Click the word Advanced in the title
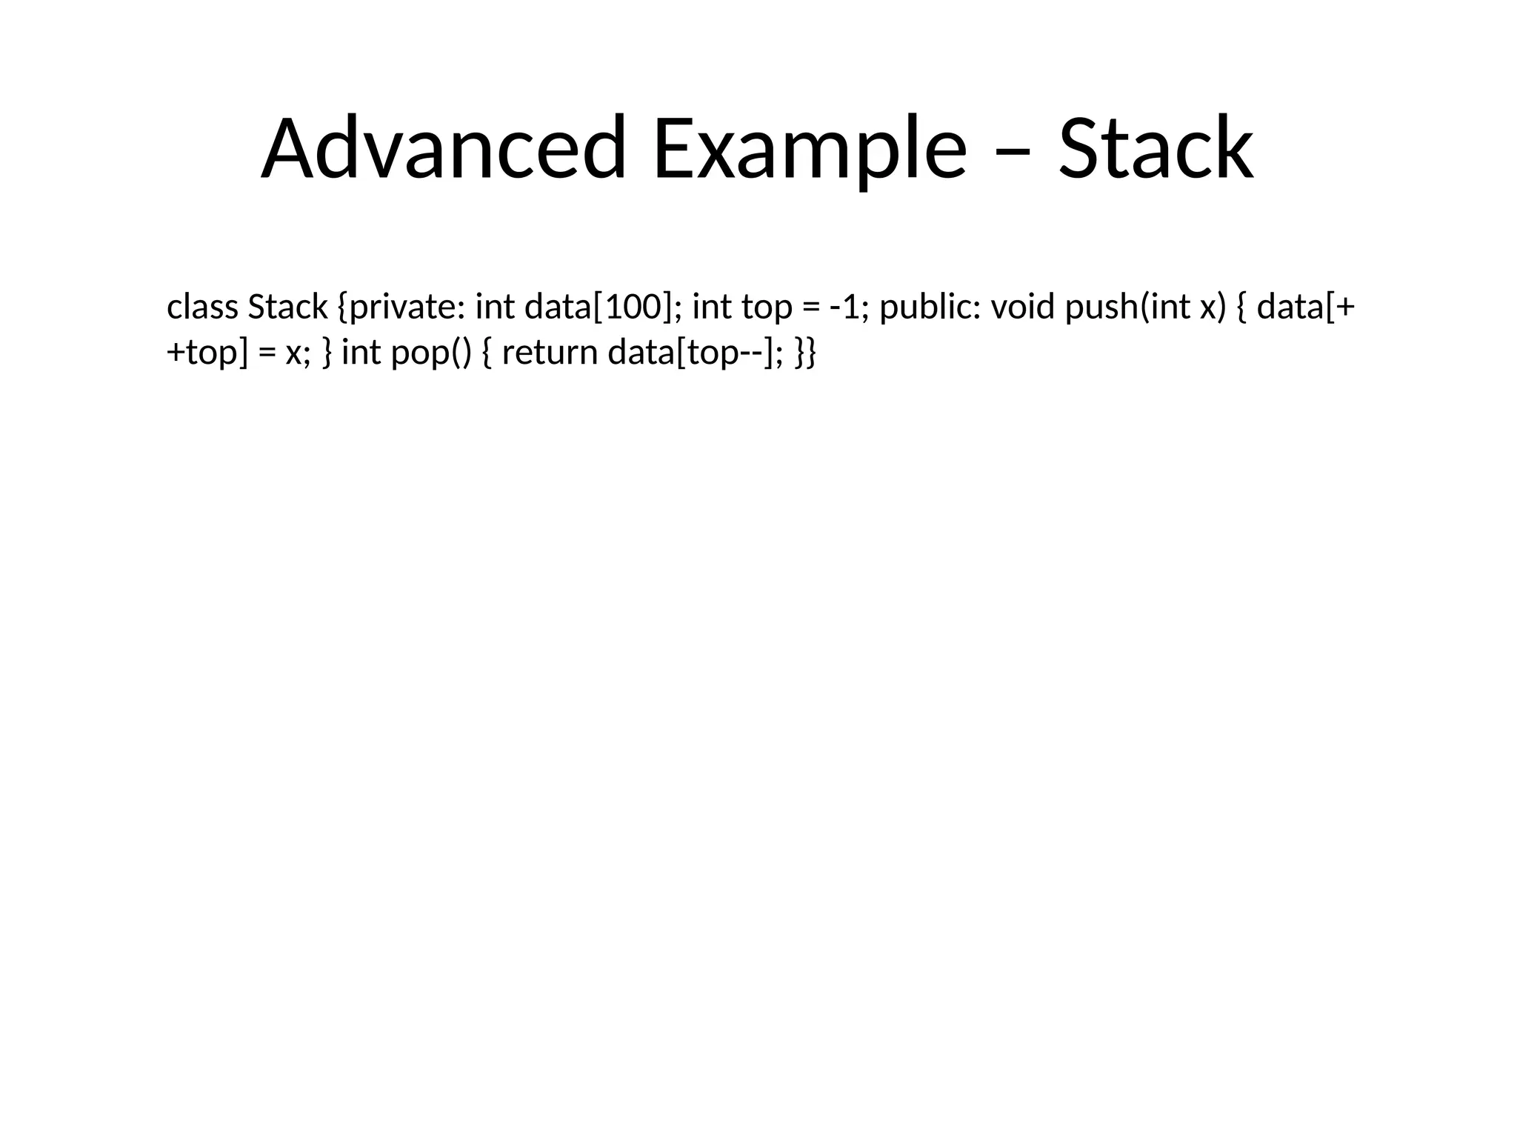pyautogui.click(x=444, y=148)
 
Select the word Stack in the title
pyautogui.click(x=1156, y=148)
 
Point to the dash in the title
pyautogui.click(x=1012, y=152)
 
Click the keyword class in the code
pyautogui.click(x=202, y=307)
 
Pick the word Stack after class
pyautogui.click(x=287, y=307)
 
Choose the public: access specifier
pyautogui.click(x=930, y=307)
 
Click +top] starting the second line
pyautogui.click(x=207, y=352)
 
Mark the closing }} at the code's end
pyautogui.click(x=805, y=352)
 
